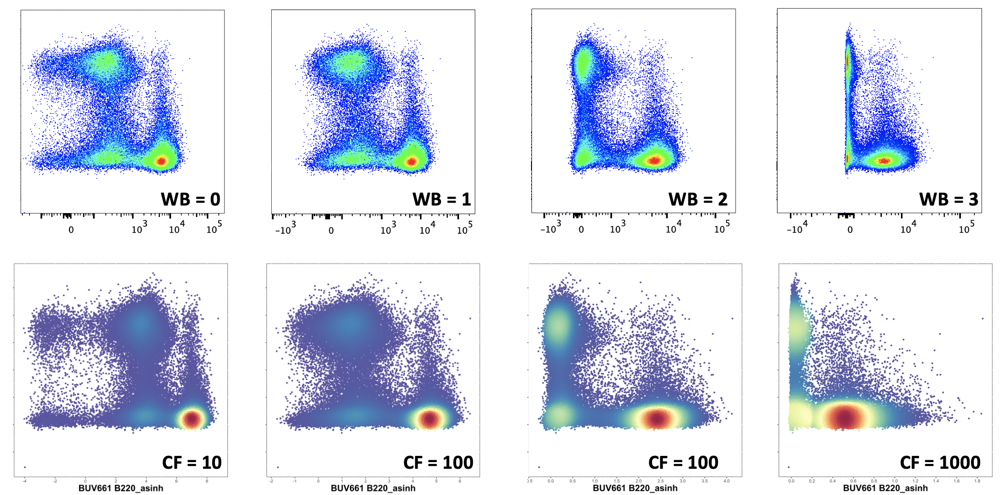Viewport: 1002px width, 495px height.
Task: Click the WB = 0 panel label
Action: [x=190, y=199]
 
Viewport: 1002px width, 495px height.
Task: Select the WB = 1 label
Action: [x=441, y=199]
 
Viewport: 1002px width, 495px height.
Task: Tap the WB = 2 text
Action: [x=698, y=199]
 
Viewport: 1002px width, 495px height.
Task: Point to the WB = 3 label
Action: [x=949, y=199]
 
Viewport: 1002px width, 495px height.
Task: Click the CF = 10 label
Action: [x=192, y=463]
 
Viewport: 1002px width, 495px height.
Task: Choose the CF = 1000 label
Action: [x=940, y=463]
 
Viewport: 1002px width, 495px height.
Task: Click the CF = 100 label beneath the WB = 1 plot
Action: [x=438, y=463]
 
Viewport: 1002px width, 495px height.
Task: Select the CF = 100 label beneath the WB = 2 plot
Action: [x=683, y=463]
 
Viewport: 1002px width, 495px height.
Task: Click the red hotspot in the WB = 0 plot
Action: [x=161, y=161]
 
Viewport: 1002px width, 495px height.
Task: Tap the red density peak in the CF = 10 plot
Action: [x=192, y=419]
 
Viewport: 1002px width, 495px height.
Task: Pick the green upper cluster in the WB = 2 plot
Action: [x=583, y=64]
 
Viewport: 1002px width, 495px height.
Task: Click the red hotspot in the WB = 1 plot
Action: [x=411, y=162]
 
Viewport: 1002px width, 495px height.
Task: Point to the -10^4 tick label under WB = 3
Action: [x=797, y=228]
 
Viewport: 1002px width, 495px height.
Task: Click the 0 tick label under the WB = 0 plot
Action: [x=71, y=230]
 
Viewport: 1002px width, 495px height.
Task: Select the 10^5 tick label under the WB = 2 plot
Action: [x=722, y=228]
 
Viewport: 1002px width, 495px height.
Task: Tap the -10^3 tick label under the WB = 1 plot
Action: [x=286, y=229]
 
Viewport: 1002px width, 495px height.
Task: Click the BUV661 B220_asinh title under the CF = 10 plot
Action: [x=121, y=488]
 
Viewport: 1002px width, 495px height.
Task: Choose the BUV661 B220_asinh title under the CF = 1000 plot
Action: [x=885, y=488]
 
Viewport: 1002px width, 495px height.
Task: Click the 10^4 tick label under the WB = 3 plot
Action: [x=908, y=228]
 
